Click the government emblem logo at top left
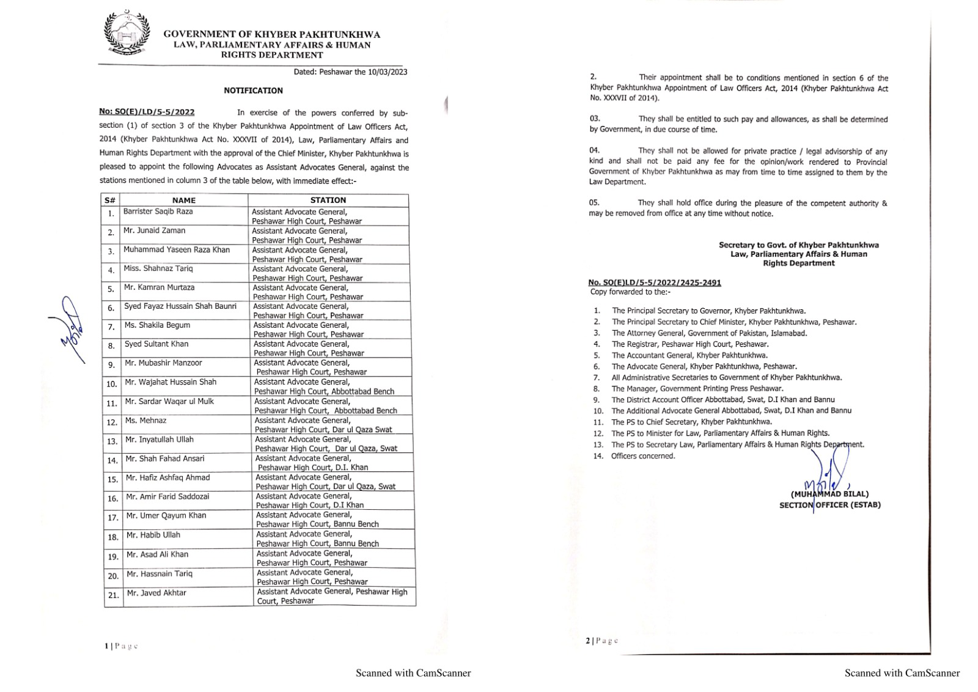coord(127,34)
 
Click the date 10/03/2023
coord(388,72)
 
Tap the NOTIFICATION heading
coord(253,90)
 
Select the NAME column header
coord(183,200)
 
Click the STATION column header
coord(328,200)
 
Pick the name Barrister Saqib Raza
coord(158,212)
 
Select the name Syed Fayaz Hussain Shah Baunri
coord(180,306)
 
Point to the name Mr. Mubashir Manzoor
coord(163,363)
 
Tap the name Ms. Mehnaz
coord(145,420)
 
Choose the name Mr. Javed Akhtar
coord(156,592)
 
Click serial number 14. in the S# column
coord(112,460)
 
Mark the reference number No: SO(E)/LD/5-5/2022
coord(147,112)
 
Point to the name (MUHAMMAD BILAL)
coord(829,494)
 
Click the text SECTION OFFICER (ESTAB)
coord(829,505)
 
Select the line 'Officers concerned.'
coord(643,455)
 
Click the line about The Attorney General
coord(709,333)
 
